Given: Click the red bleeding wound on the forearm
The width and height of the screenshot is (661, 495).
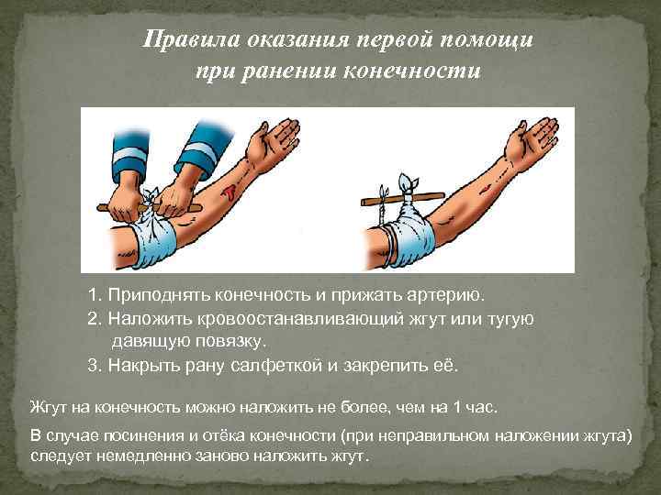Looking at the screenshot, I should click(x=229, y=192).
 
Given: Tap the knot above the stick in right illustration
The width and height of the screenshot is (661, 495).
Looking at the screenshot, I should click(x=401, y=181).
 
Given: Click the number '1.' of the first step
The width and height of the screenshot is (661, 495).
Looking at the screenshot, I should click(x=95, y=296).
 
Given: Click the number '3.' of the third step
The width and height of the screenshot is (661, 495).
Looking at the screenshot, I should click(x=95, y=365).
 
